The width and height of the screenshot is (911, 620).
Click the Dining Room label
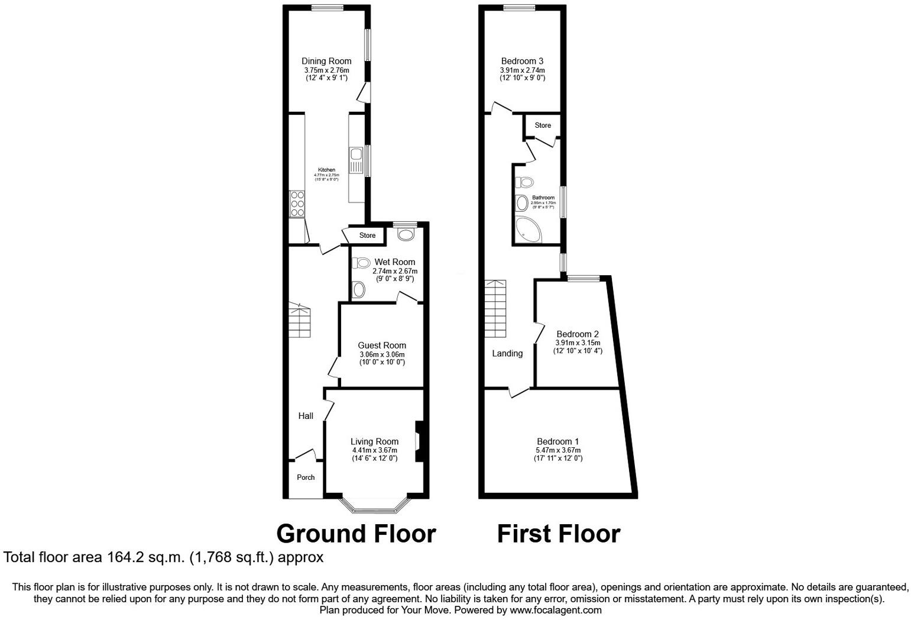click(x=326, y=61)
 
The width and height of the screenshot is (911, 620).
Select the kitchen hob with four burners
click(x=297, y=204)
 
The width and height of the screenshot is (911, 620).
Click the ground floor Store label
click(x=367, y=235)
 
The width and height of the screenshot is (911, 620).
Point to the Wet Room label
click(x=394, y=261)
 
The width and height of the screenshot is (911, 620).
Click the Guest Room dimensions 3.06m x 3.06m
click(x=382, y=354)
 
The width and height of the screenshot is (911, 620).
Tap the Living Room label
click(x=374, y=441)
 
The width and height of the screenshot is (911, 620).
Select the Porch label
click(x=306, y=477)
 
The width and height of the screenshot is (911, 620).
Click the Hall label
click(x=306, y=416)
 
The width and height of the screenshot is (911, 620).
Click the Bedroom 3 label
click(x=522, y=61)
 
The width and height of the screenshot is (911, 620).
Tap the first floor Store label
click(x=543, y=125)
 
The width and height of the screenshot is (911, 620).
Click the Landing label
click(x=507, y=353)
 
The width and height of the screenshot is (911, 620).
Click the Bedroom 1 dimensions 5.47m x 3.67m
click(x=558, y=450)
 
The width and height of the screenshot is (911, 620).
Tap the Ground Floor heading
click(x=356, y=534)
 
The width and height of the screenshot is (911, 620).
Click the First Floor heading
click(x=558, y=534)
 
